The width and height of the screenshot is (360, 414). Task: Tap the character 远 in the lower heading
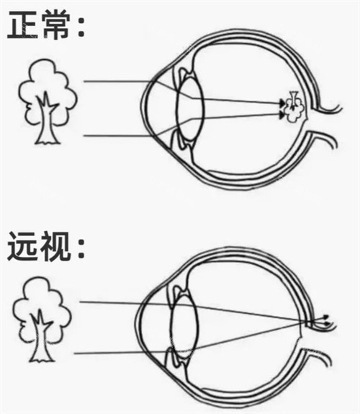click(x=24, y=248)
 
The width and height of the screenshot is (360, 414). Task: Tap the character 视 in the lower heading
click(x=59, y=248)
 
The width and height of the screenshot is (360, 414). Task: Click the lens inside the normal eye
click(x=189, y=107)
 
